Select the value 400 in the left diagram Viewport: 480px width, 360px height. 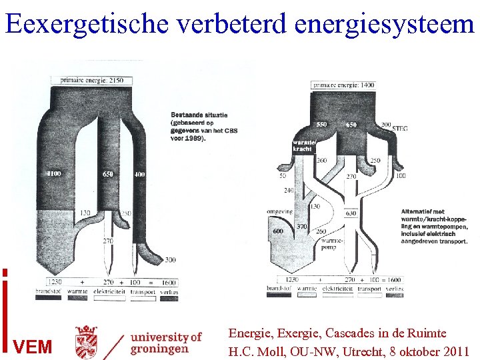[x=138, y=174]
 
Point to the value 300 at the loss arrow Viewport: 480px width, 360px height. [x=170, y=259]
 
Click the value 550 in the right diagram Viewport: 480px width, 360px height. [x=321, y=125]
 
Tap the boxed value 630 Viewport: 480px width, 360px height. [x=349, y=214]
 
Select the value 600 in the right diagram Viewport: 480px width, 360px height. [x=277, y=231]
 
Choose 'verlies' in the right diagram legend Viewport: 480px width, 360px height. [x=394, y=288]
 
